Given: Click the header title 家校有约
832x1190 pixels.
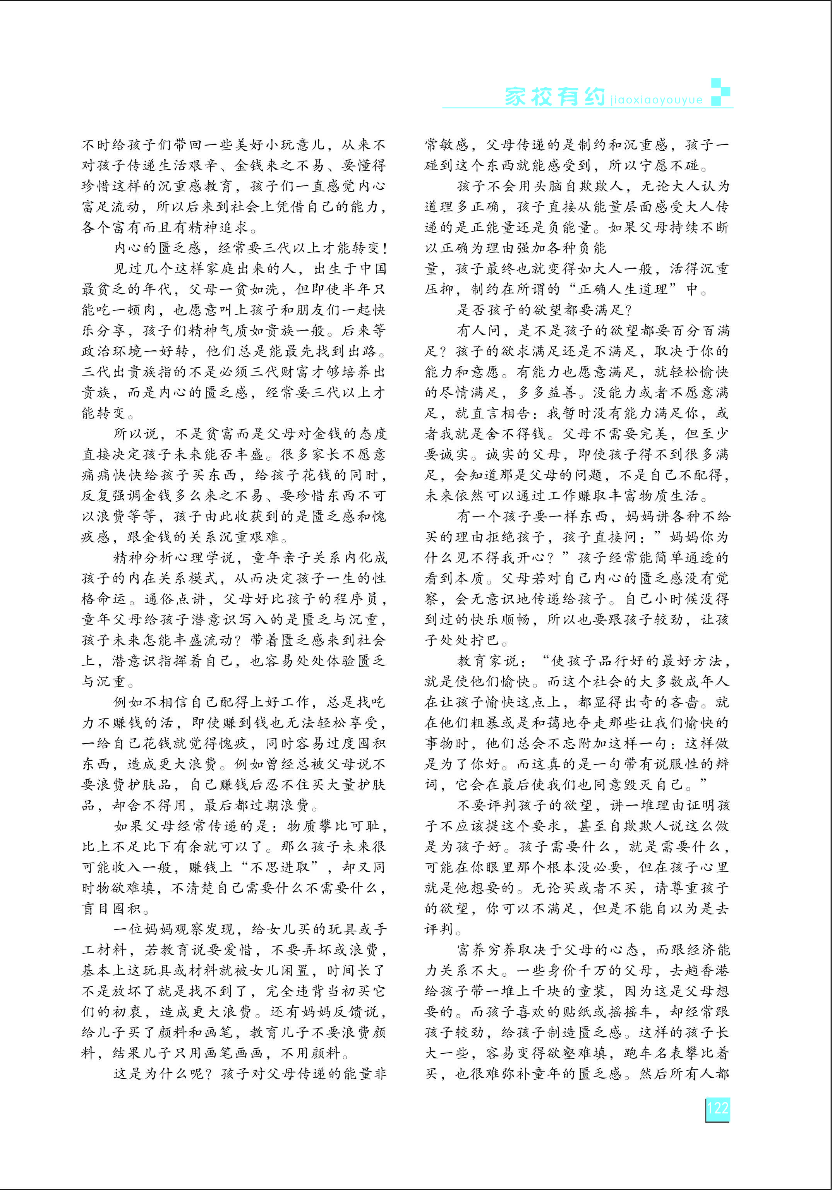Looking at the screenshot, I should tap(555, 96).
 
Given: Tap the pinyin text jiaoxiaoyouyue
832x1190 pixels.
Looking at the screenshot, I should tap(656, 100).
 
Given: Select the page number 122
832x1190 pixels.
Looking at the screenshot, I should tap(717, 1109).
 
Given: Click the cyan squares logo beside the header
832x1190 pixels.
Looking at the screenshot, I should tap(720, 92).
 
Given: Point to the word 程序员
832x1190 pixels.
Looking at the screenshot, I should tap(357, 599).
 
